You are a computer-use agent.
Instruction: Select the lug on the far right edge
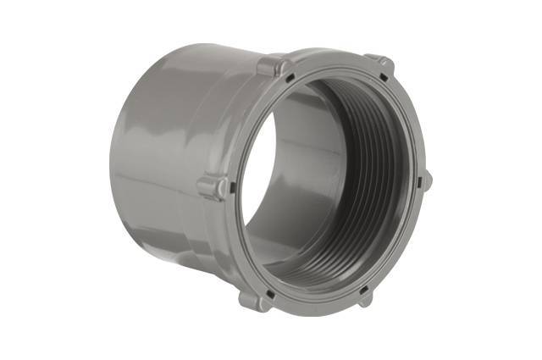425,180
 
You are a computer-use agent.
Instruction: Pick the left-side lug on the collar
212,186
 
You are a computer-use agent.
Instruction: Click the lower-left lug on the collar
253,299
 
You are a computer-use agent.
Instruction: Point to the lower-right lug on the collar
366,297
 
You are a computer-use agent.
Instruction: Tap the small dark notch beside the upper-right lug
383,79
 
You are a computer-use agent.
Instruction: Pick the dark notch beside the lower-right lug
365,288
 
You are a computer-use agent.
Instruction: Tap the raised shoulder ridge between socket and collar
224,127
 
